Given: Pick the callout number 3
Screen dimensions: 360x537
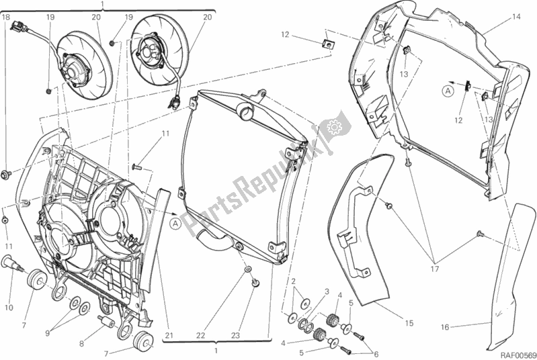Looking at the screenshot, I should pos(327,291).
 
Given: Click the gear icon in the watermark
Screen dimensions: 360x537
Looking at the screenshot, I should pos(334,126).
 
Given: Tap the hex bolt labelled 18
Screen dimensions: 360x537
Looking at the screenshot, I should pos(6,175).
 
